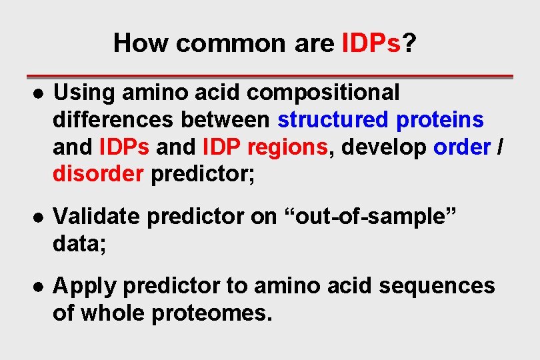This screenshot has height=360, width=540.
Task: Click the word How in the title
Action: point(141,43)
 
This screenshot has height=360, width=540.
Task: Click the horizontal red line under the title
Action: point(269,76)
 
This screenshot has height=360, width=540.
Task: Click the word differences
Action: point(108,120)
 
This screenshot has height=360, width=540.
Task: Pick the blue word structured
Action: point(333,120)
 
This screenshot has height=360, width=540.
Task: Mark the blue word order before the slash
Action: point(461,147)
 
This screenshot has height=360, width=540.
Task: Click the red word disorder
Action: point(97,175)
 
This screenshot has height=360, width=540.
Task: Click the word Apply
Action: point(85,287)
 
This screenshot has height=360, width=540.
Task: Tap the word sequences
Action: point(437,287)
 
